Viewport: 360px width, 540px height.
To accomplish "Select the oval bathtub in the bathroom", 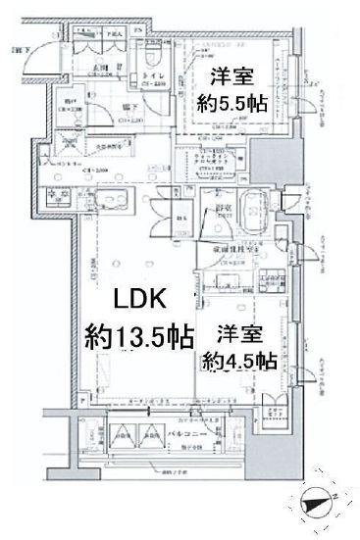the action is click(x=246, y=211).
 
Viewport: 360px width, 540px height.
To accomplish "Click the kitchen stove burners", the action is click(x=55, y=194).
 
